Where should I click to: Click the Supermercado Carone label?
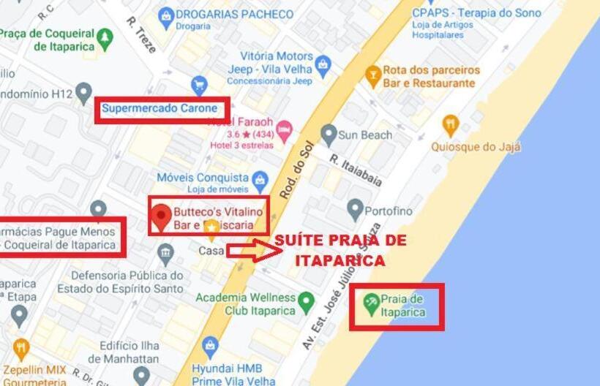pyautogui.click(x=160, y=109)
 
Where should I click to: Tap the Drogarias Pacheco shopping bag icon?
pyautogui.click(x=166, y=15)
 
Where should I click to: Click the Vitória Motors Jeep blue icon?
pyautogui.click(x=323, y=67)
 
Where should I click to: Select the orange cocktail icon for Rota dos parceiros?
pyautogui.click(x=373, y=74)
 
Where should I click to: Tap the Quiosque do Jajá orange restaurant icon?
pyautogui.click(x=451, y=125)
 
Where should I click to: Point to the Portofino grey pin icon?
pyautogui.click(x=356, y=210)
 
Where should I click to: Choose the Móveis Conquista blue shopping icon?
pyautogui.click(x=260, y=178)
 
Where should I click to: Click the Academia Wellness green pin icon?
pyautogui.click(x=306, y=301)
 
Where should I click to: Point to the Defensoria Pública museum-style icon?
pyautogui.click(x=166, y=254)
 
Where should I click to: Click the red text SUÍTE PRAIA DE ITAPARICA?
pyautogui.click(x=340, y=250)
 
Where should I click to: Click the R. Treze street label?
pyautogui.click(x=141, y=34)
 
